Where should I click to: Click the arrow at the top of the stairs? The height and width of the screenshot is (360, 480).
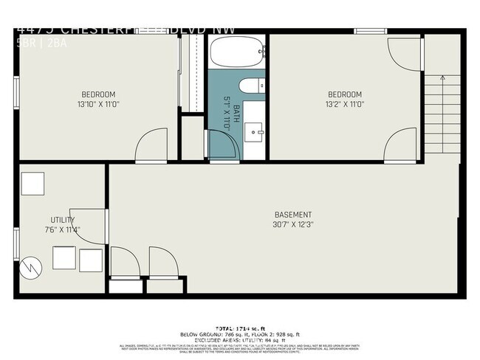(x=442, y=77)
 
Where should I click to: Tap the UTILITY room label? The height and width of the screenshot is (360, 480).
(x=62, y=220)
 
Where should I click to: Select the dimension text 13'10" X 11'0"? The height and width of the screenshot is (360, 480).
(x=97, y=105)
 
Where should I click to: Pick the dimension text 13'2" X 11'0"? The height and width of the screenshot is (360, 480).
(x=344, y=105)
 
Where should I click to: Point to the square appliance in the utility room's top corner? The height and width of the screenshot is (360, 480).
(x=32, y=184)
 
